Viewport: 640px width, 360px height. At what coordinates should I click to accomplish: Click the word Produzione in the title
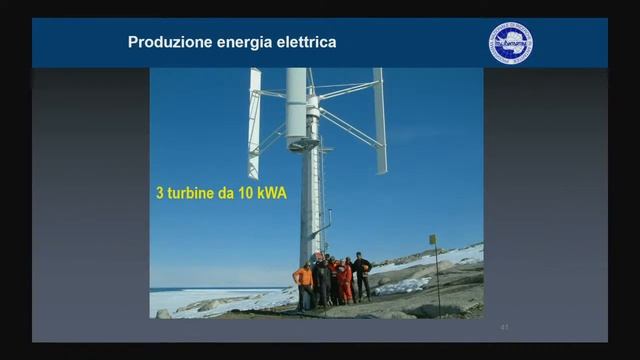[x=167, y=43]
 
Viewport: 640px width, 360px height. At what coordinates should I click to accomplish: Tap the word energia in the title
[x=241, y=43]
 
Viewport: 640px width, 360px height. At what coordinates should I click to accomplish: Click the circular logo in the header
[x=510, y=43]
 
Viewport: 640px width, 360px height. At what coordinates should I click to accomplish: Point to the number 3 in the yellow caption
[x=158, y=192]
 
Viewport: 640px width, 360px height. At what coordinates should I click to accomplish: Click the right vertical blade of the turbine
[x=380, y=120]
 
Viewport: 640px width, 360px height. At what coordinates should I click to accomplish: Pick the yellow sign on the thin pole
[x=433, y=240]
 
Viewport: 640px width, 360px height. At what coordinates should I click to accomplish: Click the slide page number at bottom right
[x=504, y=326]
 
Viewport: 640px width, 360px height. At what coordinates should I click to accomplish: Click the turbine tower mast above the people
[x=311, y=200]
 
